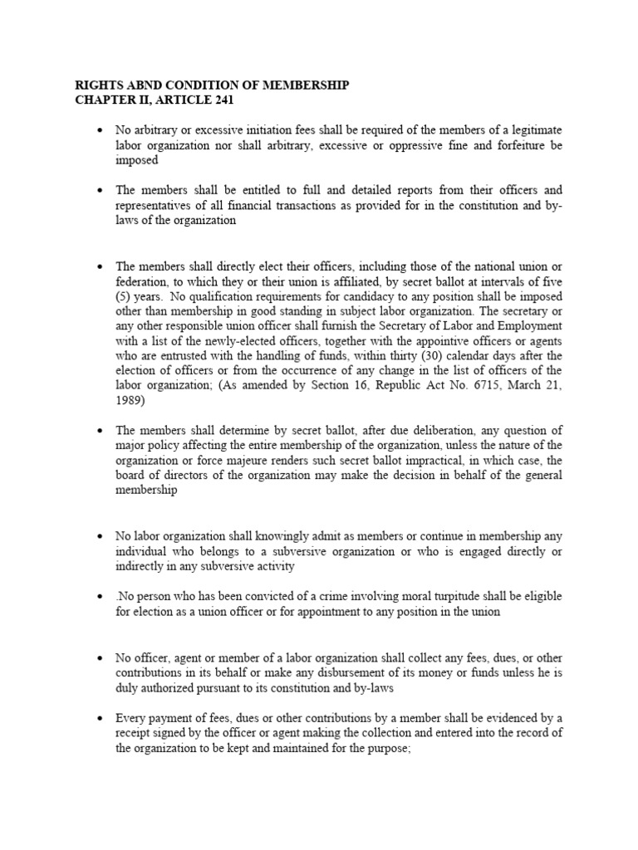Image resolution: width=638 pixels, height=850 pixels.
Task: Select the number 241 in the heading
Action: point(222,100)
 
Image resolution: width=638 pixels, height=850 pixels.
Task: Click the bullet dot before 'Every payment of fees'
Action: point(99,718)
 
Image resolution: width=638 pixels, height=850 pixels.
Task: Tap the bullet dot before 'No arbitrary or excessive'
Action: point(99,131)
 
